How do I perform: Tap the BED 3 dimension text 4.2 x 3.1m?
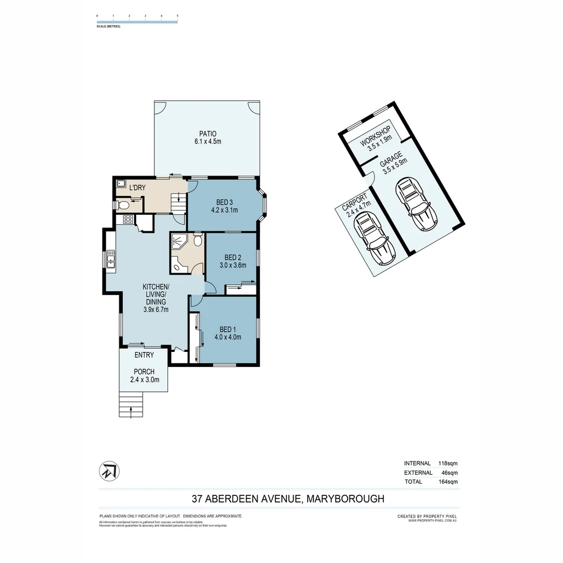point(224,211)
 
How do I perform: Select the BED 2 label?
point(232,257)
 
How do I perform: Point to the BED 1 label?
point(228,329)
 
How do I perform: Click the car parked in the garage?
point(417,204)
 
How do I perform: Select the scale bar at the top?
point(137,21)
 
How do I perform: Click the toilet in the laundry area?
point(124,205)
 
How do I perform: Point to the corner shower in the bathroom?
point(179,242)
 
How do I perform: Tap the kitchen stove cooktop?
point(128,220)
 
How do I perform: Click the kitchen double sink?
point(111,259)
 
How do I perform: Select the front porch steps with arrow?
point(131,405)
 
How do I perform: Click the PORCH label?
point(143,372)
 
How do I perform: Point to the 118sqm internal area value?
point(448,463)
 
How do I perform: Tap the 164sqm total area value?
point(448,482)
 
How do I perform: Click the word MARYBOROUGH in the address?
point(345,499)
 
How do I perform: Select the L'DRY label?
point(137,188)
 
